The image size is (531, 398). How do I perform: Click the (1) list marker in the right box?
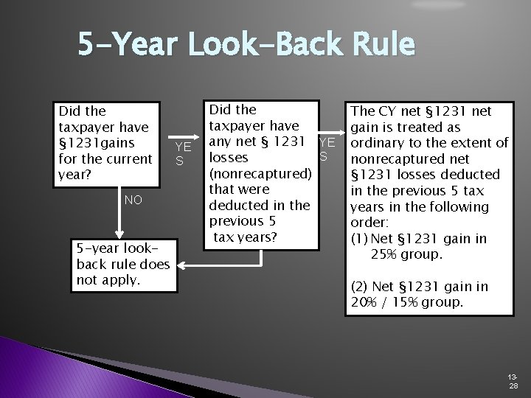pyautogui.click(x=360, y=237)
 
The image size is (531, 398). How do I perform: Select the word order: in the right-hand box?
pyautogui.click(x=369, y=222)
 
